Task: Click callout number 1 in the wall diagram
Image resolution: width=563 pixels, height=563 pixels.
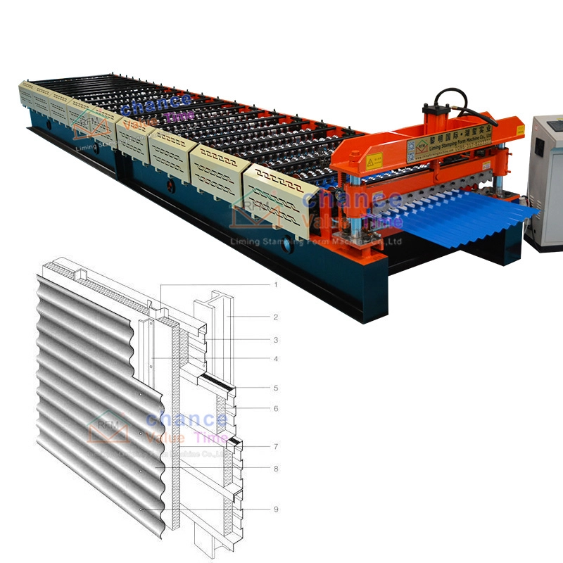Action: [x=276, y=285]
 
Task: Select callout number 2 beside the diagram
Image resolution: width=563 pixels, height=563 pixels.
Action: [x=276, y=317]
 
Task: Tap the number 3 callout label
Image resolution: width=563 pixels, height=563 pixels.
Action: [x=276, y=339]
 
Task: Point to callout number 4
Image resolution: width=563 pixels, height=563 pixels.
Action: [x=276, y=359]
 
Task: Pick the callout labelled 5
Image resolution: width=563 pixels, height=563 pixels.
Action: [x=276, y=388]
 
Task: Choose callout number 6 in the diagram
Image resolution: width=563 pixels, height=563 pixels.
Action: [x=276, y=408]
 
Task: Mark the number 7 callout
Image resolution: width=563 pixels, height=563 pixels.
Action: [x=276, y=446]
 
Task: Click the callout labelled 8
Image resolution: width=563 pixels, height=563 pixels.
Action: [x=276, y=467]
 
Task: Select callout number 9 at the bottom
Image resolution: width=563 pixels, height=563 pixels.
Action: [x=276, y=509]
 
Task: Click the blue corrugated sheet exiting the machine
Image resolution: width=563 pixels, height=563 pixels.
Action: [x=479, y=215]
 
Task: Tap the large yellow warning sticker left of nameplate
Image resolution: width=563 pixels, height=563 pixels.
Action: [x=373, y=161]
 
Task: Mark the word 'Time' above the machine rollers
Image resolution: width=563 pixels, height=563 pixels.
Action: [x=179, y=118]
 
